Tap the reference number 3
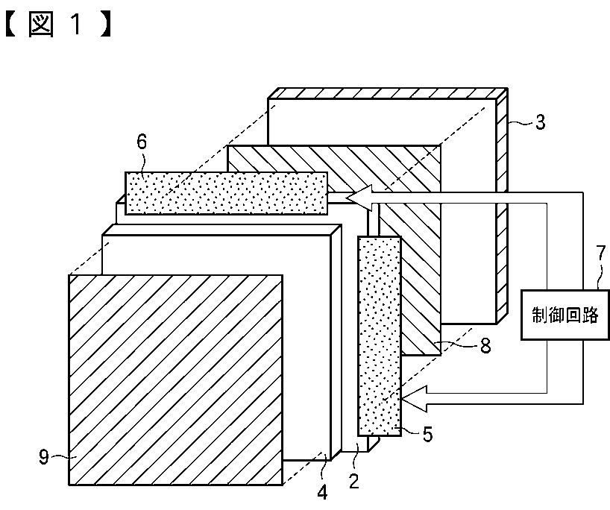(540, 122)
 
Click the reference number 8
(485, 346)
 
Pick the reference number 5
(427, 434)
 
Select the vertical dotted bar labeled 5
(380, 336)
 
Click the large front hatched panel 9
(175, 380)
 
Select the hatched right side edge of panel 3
(502, 201)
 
